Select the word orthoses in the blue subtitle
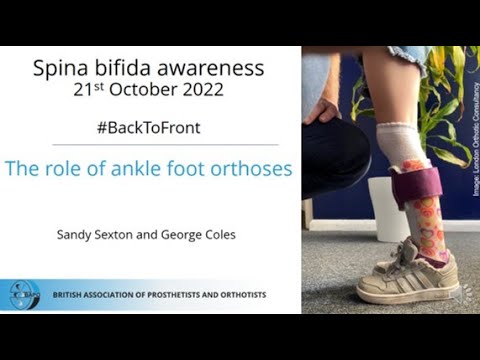coord(255,168)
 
